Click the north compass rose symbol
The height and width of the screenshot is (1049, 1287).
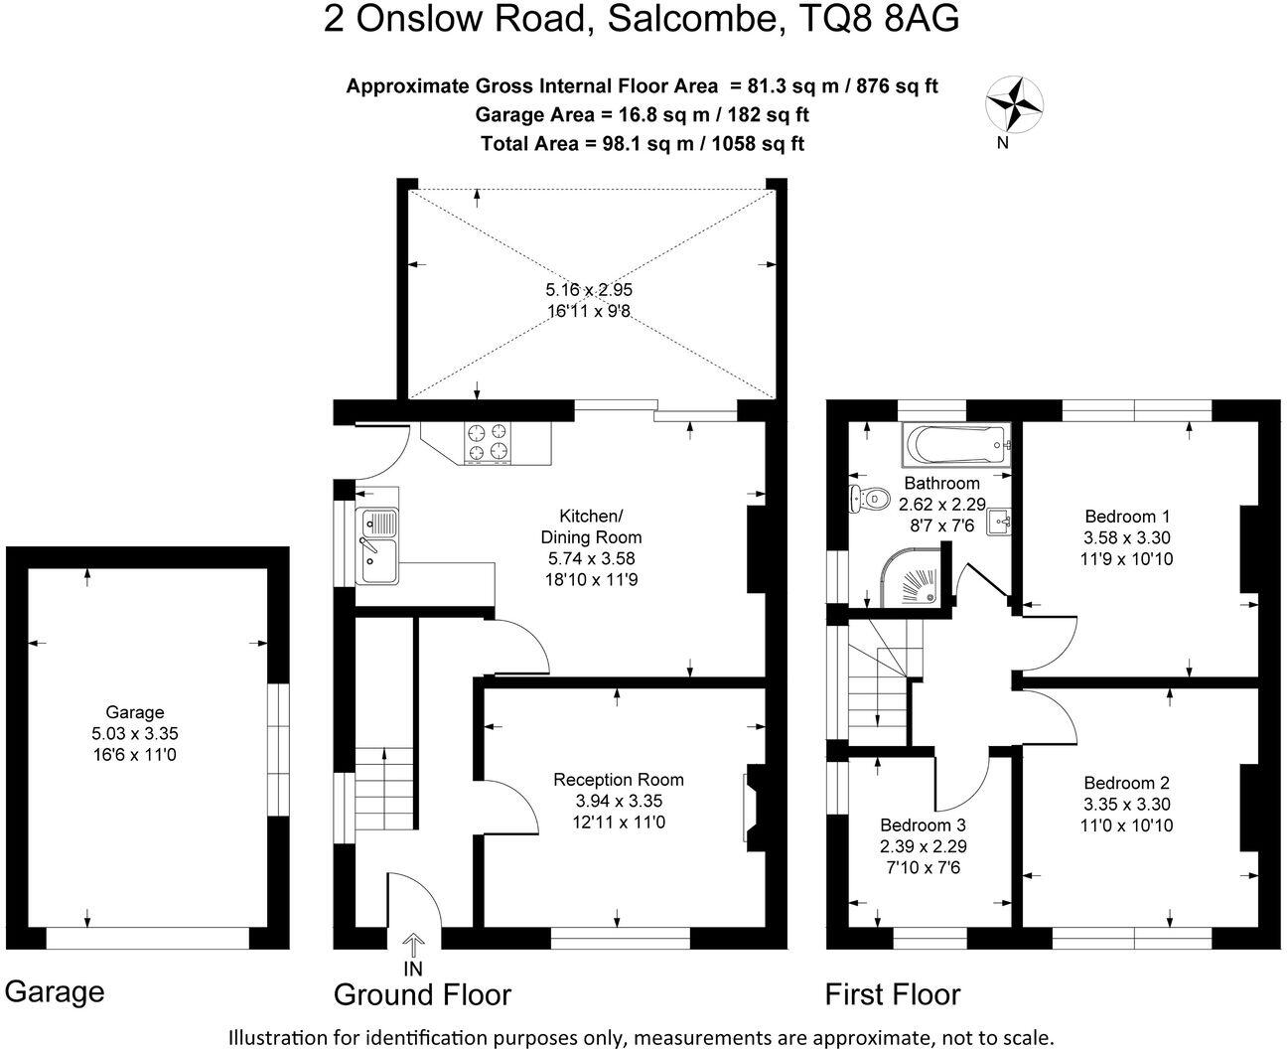tap(1014, 104)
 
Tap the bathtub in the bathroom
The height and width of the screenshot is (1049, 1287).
tap(955, 445)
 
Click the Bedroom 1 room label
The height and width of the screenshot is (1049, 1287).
tap(1127, 517)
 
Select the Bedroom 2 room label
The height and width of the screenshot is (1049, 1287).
tap(1127, 783)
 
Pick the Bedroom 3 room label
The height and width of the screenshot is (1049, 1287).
tap(923, 825)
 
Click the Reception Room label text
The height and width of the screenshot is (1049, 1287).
tap(619, 780)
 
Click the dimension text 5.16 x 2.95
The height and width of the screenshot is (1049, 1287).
tap(589, 290)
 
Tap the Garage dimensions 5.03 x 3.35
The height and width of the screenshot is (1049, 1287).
tap(135, 734)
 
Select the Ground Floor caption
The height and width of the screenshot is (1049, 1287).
tap(422, 994)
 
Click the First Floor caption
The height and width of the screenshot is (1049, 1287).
tap(893, 994)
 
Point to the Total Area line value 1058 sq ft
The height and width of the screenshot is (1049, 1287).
tap(752, 143)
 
